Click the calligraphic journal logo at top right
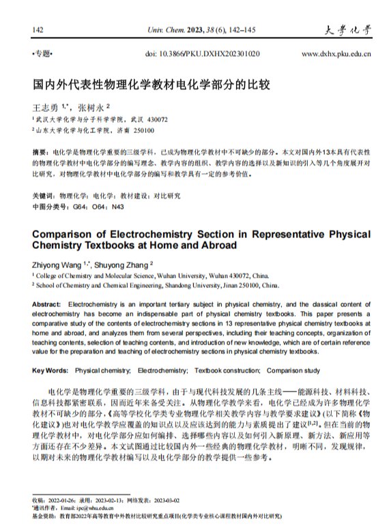tap(348, 30)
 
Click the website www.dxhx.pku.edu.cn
tap(336, 53)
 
